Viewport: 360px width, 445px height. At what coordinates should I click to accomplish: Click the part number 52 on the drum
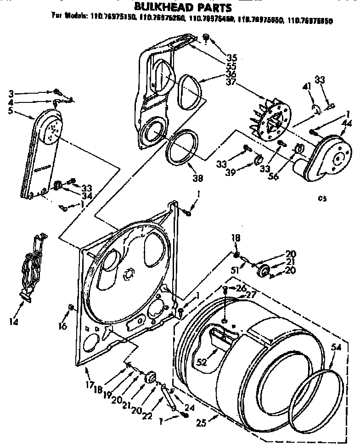[x=201, y=362]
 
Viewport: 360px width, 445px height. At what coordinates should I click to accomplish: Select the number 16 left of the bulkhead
[x=62, y=327]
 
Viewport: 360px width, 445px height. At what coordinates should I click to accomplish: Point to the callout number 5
[x=10, y=111]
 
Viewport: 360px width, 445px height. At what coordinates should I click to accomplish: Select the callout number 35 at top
[x=231, y=57]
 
